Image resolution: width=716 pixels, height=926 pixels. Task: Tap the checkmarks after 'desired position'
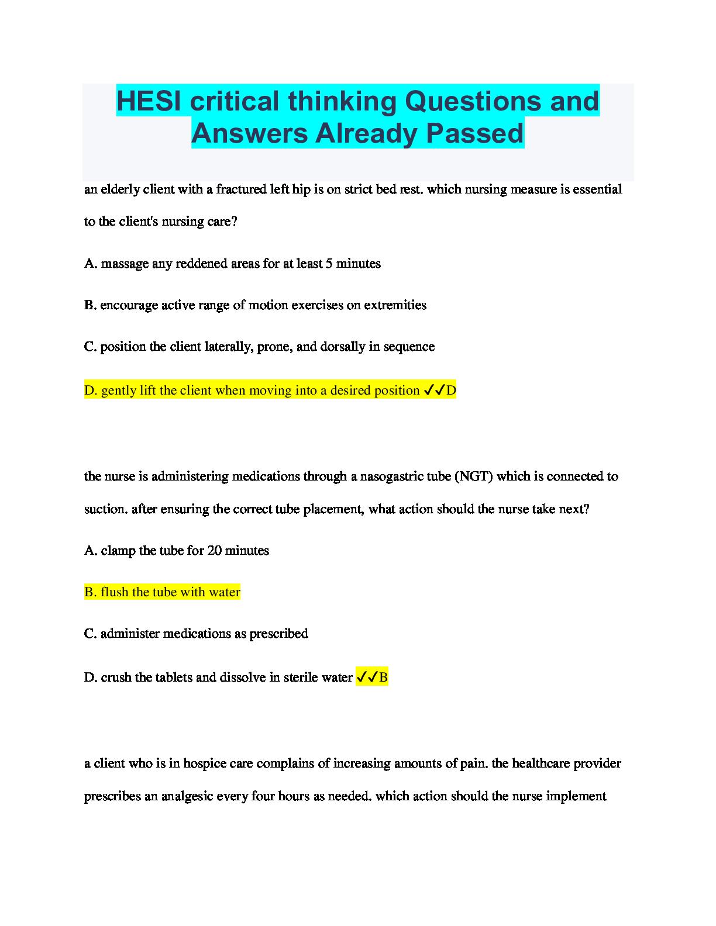[433, 390]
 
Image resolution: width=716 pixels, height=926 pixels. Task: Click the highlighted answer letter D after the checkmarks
[451, 391]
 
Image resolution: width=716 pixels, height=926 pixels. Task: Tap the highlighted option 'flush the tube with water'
[162, 592]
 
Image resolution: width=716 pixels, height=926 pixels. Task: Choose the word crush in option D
[116, 678]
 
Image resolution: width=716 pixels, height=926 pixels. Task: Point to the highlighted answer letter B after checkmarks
[383, 678]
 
